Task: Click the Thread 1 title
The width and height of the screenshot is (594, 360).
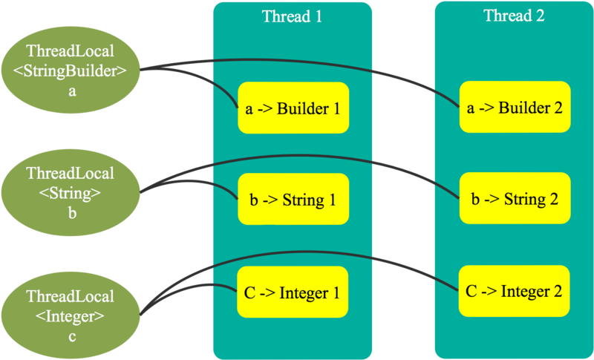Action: coord(292,16)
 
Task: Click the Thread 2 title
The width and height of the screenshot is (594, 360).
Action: coord(514,16)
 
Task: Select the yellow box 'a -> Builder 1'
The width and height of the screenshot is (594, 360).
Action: coord(293,108)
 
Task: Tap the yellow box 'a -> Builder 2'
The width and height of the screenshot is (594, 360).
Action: coord(514,108)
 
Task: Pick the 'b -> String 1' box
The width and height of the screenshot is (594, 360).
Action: coord(293,200)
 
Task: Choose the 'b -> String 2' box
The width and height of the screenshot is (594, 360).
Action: coord(514,200)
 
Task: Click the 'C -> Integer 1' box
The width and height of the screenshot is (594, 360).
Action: coord(293,292)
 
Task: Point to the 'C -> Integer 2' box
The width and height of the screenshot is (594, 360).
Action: coord(514,292)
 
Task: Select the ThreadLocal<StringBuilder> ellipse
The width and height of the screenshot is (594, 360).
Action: coord(71,71)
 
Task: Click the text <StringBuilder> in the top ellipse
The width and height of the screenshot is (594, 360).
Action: coord(71,71)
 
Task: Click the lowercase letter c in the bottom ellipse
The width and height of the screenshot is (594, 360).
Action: coord(71,336)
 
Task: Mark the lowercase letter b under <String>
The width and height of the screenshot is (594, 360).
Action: coord(71,213)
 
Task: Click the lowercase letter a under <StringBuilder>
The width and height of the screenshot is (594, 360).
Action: coord(71,91)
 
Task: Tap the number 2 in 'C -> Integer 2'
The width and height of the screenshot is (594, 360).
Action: coord(556,292)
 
